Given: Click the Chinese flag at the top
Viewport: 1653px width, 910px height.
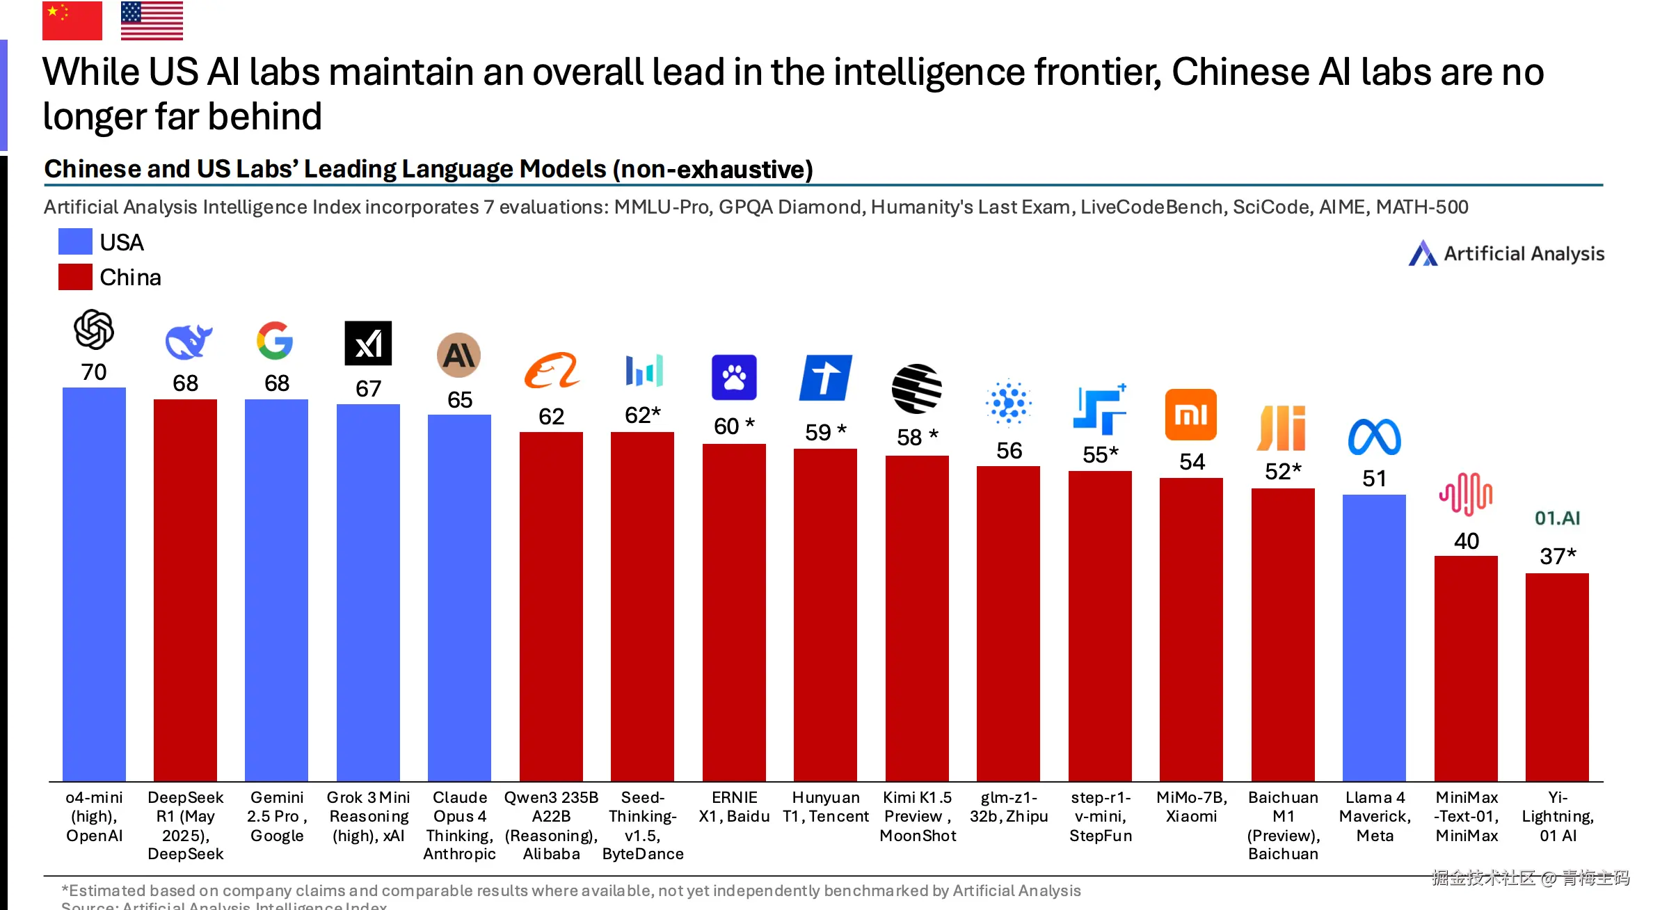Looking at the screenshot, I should pyautogui.click(x=72, y=20).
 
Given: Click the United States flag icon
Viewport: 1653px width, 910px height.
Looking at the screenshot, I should pyautogui.click(x=152, y=20).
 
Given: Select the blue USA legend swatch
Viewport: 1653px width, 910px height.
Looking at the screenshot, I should pyautogui.click(x=75, y=241).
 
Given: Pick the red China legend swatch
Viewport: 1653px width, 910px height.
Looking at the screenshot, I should pyautogui.click(x=75, y=277).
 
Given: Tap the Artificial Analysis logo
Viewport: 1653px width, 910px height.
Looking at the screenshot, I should pyautogui.click(x=1506, y=254).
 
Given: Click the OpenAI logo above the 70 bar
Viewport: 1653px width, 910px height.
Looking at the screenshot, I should pyautogui.click(x=94, y=329).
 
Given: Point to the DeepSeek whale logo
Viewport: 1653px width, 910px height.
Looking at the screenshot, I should pyautogui.click(x=188, y=342).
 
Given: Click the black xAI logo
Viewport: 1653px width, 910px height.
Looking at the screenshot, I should pyautogui.click(x=368, y=343).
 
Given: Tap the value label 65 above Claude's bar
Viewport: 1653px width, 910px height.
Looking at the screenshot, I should pyautogui.click(x=459, y=400).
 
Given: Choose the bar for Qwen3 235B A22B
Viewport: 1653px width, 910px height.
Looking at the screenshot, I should pyautogui.click(x=551, y=605).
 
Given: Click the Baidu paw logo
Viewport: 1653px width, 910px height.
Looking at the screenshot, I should pyautogui.click(x=734, y=378).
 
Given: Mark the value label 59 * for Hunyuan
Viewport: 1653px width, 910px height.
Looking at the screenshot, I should pyautogui.click(x=825, y=432).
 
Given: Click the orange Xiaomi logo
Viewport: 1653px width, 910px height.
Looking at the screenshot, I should pyautogui.click(x=1190, y=415).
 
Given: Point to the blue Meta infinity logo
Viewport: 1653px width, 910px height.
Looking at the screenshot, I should pyautogui.click(x=1374, y=438).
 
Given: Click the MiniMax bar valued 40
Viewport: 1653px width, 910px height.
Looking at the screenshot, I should pyautogui.click(x=1466, y=668).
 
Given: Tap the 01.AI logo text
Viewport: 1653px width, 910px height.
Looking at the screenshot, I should pyautogui.click(x=1557, y=518).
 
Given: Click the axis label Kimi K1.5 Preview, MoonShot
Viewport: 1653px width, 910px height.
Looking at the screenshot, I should pyautogui.click(x=917, y=816).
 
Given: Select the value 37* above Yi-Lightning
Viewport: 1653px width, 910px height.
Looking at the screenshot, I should pyautogui.click(x=1557, y=557).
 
